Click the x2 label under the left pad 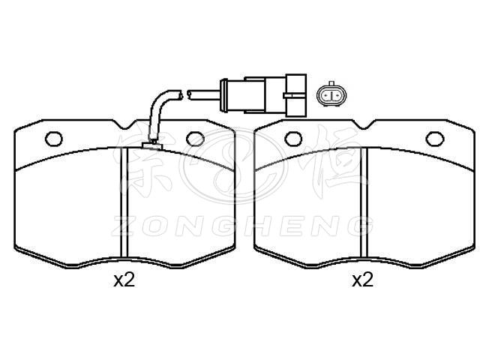point(124,280)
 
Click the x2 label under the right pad point(363,280)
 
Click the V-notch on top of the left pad point(124,124)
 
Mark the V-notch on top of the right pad point(363,124)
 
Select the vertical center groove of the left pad point(123,202)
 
